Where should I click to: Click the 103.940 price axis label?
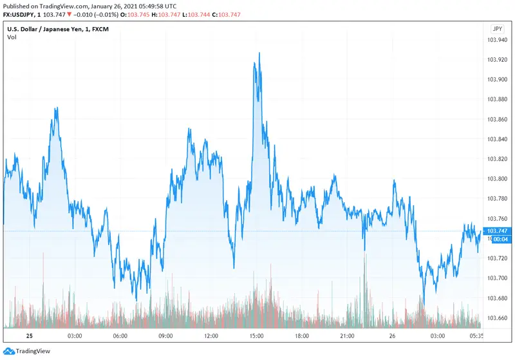coord(496,40)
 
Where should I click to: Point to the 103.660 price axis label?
coord(496,318)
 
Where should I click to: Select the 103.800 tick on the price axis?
coord(496,179)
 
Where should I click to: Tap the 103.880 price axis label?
coord(496,99)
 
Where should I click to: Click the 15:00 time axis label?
coord(257,336)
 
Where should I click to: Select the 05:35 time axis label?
coord(477,336)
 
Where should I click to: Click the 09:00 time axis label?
coord(165,336)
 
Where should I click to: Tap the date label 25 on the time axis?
coord(28,336)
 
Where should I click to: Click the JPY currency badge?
coord(497,29)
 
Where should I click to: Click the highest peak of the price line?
coord(259,53)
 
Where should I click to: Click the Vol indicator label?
coord(12,37)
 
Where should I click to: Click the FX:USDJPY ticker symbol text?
coord(20,15)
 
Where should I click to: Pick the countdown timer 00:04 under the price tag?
coord(497,239)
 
